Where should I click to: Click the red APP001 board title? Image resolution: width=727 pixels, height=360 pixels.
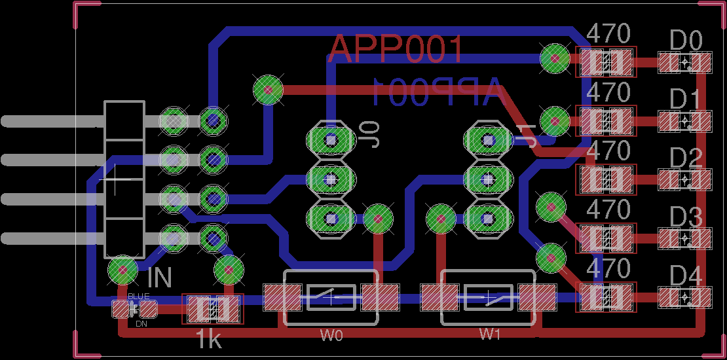point(396,50)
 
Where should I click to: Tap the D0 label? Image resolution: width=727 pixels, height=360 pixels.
point(686,42)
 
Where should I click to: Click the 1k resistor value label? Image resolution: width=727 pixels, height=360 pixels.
point(208,339)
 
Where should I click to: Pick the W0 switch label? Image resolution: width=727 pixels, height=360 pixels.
point(331,336)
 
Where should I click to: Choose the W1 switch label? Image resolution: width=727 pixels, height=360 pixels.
point(489,334)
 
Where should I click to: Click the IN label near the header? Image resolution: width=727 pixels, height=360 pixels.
point(159,278)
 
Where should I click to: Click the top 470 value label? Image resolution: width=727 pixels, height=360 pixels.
point(608,33)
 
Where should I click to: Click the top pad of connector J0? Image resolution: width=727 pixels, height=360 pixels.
point(331,139)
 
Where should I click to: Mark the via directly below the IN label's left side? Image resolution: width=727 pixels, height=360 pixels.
point(122,269)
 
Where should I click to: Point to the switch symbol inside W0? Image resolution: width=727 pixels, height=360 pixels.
point(331,298)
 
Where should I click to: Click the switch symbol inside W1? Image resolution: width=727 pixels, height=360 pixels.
point(489,298)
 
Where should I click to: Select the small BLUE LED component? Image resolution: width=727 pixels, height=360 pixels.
point(130,309)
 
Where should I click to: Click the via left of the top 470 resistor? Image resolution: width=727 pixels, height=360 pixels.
point(554,59)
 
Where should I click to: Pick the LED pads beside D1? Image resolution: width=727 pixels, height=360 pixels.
point(684,121)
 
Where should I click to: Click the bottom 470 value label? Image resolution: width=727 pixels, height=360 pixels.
point(608,268)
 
